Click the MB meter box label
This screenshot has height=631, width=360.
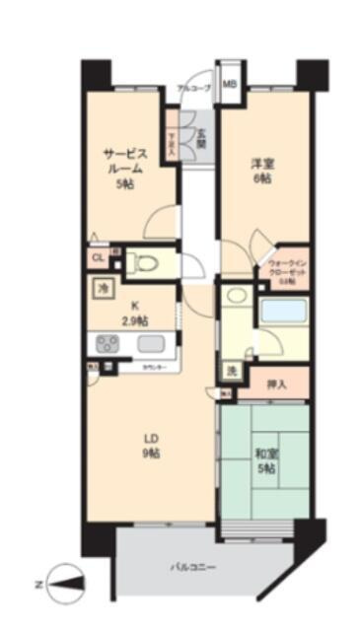(x=229, y=84)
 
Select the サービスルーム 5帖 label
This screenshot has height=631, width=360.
(x=126, y=168)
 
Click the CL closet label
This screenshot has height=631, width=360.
(x=98, y=258)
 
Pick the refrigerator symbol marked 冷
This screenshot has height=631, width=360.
(x=104, y=289)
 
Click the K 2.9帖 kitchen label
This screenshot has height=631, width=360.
(x=135, y=313)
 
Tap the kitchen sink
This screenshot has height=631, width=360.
(x=153, y=344)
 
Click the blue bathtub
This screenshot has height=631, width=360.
(x=283, y=312)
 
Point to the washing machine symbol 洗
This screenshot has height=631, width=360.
(x=230, y=371)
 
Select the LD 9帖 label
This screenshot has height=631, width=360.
(x=148, y=446)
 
